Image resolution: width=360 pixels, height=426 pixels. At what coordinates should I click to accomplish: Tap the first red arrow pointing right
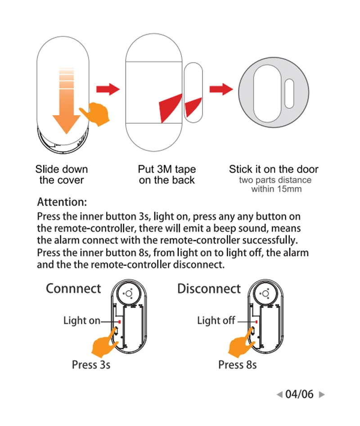(108, 89)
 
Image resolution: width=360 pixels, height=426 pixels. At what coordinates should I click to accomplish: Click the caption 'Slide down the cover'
(62, 175)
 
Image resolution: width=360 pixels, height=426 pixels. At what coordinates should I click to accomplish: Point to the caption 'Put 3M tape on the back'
(167, 175)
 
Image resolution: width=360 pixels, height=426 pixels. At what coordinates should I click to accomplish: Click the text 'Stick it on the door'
(274, 170)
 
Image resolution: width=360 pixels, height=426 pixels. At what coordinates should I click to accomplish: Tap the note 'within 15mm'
(276, 189)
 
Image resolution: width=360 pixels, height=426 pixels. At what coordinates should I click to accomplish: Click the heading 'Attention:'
(62, 202)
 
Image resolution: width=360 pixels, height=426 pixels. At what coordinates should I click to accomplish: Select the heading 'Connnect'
(73, 288)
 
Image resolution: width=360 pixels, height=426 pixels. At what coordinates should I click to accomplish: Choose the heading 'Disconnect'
(209, 288)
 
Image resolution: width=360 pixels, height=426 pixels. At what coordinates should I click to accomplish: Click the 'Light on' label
(81, 321)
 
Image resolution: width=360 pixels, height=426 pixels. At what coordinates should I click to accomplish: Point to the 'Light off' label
(216, 321)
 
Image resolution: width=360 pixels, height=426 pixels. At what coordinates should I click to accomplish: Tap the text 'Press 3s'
(91, 364)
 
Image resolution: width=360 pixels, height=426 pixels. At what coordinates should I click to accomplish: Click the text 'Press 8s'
(238, 364)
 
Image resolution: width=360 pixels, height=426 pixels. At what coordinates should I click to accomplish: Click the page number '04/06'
(299, 395)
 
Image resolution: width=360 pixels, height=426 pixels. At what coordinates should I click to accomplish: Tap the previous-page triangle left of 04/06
(279, 395)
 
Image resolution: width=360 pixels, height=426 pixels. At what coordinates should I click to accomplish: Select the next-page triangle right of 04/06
(321, 395)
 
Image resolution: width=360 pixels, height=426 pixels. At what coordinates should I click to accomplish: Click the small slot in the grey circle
(289, 93)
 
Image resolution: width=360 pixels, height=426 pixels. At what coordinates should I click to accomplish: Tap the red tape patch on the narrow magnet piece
(193, 106)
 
